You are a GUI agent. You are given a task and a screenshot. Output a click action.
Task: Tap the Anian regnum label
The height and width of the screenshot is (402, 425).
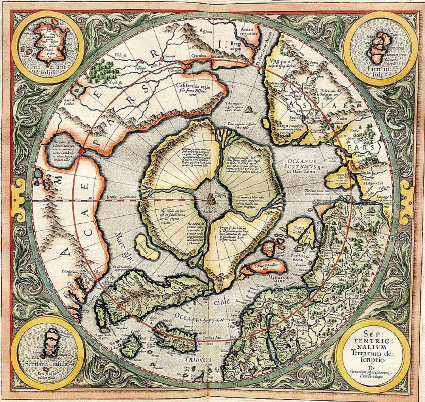[x=248, y=31]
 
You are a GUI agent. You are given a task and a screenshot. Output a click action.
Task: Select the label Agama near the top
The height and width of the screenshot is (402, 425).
[x=205, y=31]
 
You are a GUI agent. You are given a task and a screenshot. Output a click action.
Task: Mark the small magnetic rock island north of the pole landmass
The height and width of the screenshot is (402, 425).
[x=250, y=109]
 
